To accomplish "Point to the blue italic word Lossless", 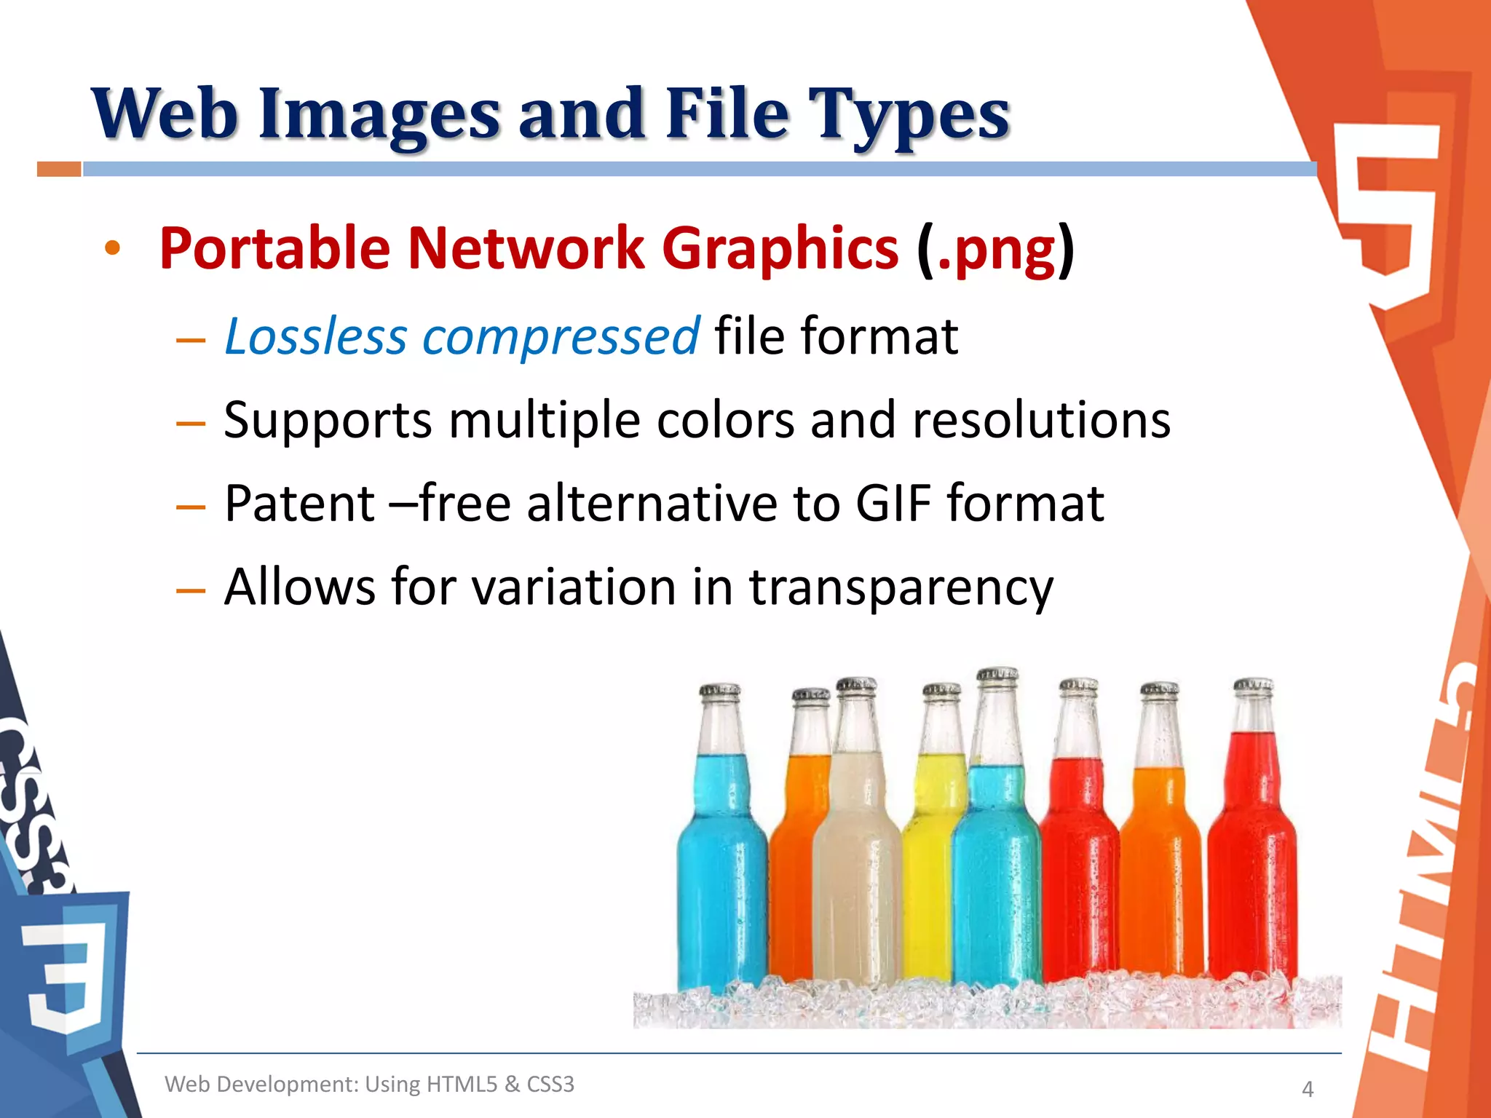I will [x=316, y=336].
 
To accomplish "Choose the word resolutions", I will [x=1041, y=421].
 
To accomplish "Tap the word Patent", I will [x=299, y=503].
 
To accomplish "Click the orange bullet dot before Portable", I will [x=112, y=248].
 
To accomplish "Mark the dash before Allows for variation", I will [x=191, y=590].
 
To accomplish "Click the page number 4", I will [x=1308, y=1089].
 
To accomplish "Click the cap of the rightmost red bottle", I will [x=1253, y=685].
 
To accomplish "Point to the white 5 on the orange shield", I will [x=1387, y=211].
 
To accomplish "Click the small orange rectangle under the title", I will [x=59, y=170].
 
